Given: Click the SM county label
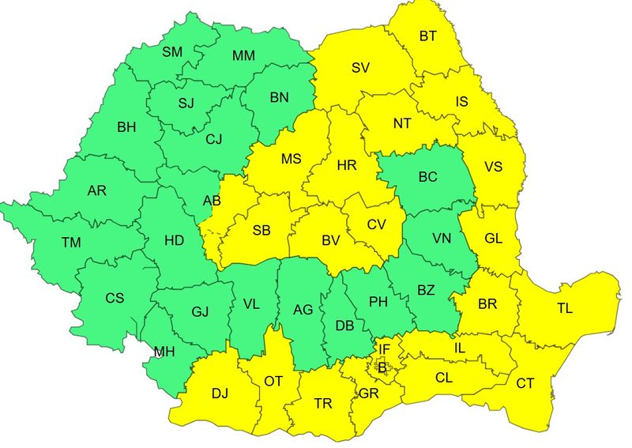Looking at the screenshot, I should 171,52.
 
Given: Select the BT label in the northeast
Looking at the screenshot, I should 427,36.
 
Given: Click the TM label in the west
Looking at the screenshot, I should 71,243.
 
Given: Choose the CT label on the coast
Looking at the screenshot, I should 525,384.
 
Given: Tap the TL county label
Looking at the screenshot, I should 564,309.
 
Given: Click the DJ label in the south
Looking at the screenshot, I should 219,393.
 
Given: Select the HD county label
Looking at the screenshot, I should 174,241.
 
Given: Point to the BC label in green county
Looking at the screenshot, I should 427,177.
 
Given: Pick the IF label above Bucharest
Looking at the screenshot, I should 384,349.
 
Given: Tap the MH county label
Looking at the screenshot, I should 164,352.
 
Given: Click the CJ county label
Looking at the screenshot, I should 213,140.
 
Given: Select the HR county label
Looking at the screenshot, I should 347,166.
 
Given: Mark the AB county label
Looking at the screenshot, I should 212,201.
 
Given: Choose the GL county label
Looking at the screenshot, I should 492,238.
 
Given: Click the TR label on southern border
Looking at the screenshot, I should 322,403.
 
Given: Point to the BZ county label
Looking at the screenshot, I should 426,290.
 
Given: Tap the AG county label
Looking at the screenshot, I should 303,310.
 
